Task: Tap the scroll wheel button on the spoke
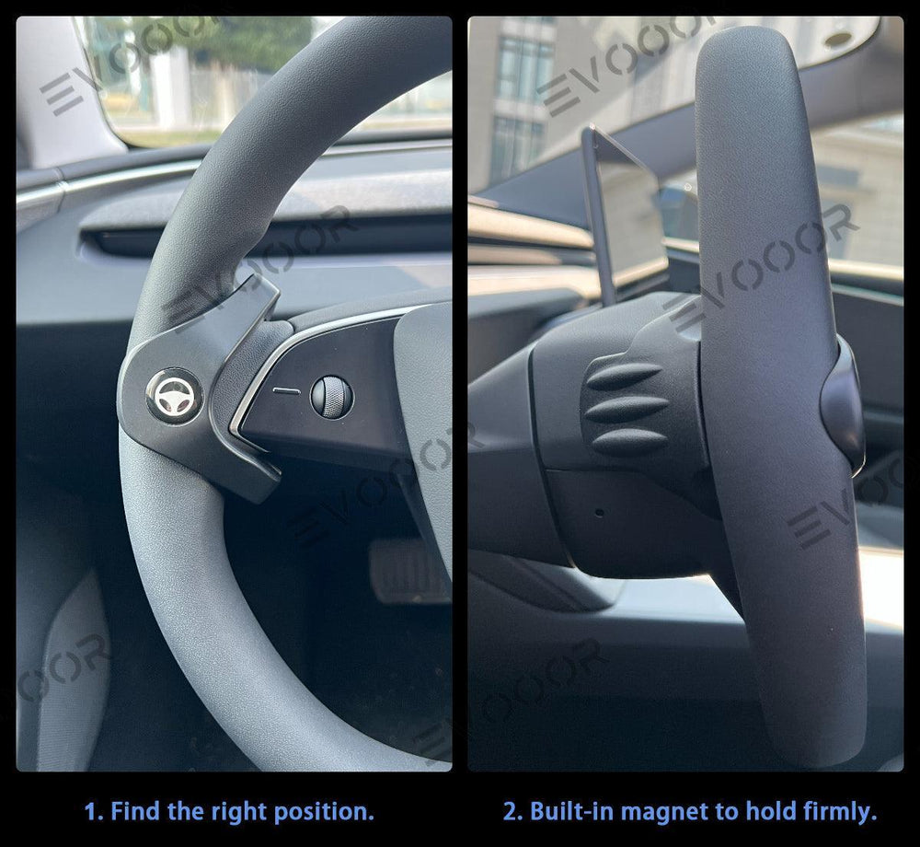pyautogui.click(x=331, y=394)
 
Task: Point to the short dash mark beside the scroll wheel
pyautogui.click(x=288, y=390)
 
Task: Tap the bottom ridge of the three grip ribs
pyautogui.click(x=629, y=441)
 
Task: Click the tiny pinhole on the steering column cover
pyautogui.click(x=599, y=512)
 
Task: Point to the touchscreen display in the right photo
pyautogui.click(x=625, y=212)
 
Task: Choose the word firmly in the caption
pyautogui.click(x=835, y=812)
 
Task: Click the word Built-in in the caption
pyautogui.click(x=570, y=812)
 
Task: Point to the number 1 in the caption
pyautogui.click(x=90, y=812)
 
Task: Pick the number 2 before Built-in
pyautogui.click(x=510, y=812)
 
